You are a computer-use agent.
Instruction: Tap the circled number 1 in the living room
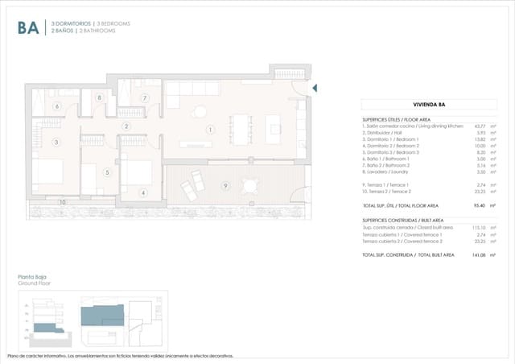point(210,129)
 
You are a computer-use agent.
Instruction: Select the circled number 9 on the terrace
point(226,186)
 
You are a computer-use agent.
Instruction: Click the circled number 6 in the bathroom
point(56,106)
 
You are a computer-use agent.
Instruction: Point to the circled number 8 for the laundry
point(100,98)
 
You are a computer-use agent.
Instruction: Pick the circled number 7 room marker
point(145,98)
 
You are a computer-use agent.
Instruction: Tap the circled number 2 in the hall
point(126,126)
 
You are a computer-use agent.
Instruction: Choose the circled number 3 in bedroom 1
point(56,143)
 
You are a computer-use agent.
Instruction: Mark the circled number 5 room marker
point(106,172)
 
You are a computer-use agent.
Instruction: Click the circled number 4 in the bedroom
point(142,192)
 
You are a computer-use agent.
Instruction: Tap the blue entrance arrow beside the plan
point(315,88)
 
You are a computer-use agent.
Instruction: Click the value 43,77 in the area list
point(476,126)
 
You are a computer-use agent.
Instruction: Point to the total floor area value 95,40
point(476,206)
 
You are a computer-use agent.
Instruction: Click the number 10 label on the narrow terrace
point(63,202)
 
